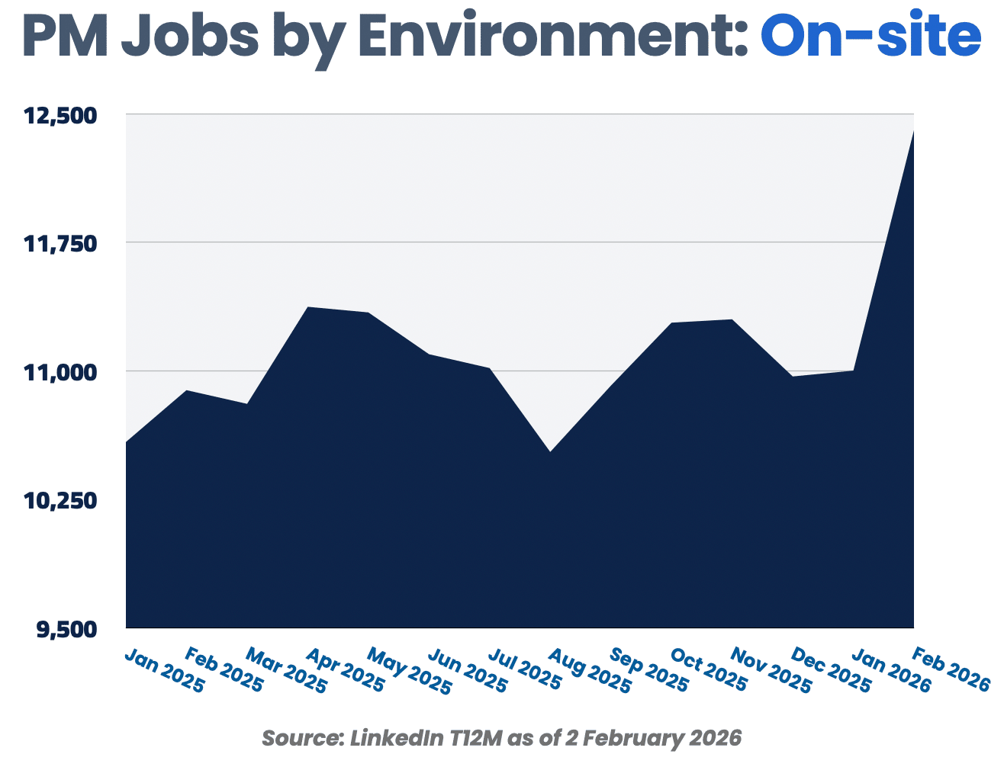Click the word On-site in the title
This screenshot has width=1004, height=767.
870,36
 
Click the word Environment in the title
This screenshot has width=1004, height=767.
554,36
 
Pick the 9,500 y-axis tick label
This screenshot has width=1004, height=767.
65,630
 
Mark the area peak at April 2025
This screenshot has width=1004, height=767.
307,307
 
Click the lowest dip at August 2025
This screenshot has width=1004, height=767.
550,452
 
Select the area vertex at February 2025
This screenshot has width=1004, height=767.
186,391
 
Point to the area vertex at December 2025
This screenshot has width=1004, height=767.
793,376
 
